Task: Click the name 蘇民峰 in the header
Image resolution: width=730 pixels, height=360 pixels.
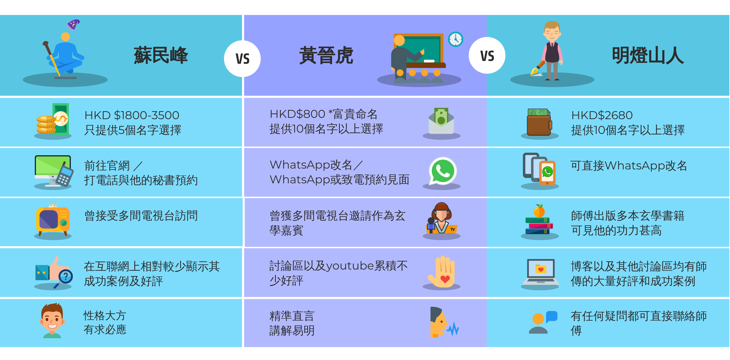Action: pos(161,55)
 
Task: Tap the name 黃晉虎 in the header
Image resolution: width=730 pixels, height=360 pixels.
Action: pos(326,55)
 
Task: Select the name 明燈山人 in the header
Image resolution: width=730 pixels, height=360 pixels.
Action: pos(648,55)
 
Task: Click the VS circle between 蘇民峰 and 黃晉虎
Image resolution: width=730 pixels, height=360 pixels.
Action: pos(242,59)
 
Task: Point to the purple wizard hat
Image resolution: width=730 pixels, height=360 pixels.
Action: pos(73,24)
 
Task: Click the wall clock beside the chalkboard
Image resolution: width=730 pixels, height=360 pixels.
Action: pos(456,39)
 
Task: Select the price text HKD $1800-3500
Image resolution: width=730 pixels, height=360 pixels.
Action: pos(132,115)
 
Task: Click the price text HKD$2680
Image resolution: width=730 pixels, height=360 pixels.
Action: pos(602,115)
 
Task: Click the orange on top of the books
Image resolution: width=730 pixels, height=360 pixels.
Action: pos(539,211)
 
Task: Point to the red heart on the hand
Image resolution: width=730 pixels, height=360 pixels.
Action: pos(445,279)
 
